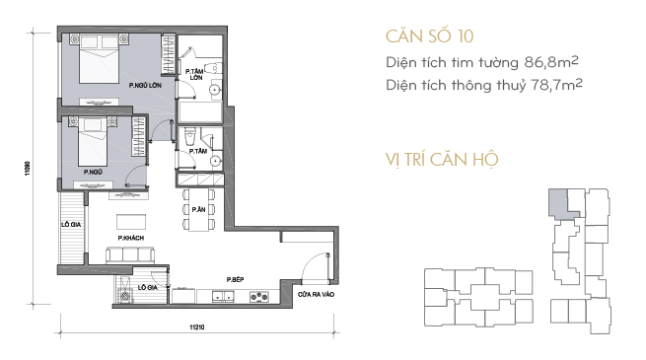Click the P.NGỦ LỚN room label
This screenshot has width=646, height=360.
pyautogui.click(x=145, y=85)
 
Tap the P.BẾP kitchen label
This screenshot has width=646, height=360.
pyautogui.click(x=236, y=280)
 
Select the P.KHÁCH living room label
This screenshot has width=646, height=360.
pyautogui.click(x=130, y=238)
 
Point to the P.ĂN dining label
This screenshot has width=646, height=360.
pyautogui.click(x=198, y=210)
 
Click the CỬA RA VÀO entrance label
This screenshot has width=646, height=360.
pyautogui.click(x=316, y=295)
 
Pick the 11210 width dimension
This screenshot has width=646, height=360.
pyautogui.click(x=197, y=327)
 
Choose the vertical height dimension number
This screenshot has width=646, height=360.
pyautogui.click(x=28, y=168)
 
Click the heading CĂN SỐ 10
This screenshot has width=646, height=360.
pyautogui.click(x=429, y=36)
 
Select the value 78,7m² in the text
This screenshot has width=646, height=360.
pyautogui.click(x=556, y=85)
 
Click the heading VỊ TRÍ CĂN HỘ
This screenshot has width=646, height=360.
pyautogui.click(x=442, y=160)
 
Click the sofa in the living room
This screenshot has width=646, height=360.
pyautogui.click(x=130, y=255)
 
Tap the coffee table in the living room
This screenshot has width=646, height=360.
pyautogui.click(x=131, y=222)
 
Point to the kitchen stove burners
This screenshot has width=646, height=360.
pyautogui.click(x=259, y=296)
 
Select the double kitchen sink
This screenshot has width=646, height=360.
pyautogui.click(x=223, y=296)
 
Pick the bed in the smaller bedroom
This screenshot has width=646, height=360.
pyautogui.click(x=93, y=141)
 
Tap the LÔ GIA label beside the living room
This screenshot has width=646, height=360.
pyautogui.click(x=71, y=225)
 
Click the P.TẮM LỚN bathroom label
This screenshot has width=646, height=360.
pyautogui.click(x=194, y=75)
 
